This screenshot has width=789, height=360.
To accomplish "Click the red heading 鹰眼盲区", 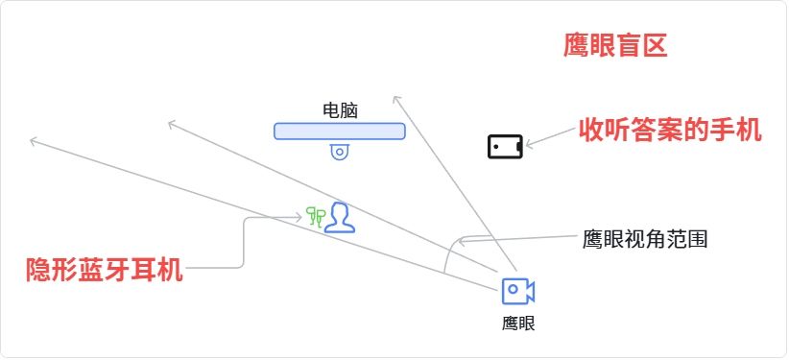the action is tap(615, 46).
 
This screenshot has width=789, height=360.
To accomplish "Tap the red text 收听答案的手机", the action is tap(670, 131).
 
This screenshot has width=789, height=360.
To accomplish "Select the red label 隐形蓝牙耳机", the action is tap(105, 270).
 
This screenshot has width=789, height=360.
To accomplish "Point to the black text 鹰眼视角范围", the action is tap(645, 239).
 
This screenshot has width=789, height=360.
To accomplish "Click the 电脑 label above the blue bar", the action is tap(340, 110).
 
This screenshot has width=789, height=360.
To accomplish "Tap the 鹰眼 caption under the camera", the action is tap(518, 324).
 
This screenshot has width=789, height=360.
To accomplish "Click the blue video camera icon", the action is tap(517, 291).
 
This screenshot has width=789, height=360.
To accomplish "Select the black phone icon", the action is tap(505, 147).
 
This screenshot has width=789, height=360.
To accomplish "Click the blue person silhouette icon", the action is tap(340, 218).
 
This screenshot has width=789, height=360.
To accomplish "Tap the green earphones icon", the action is tap(316, 215).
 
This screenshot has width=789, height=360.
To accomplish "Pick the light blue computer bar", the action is tap(340, 131).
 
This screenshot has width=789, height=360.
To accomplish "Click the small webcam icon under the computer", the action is tap(340, 152).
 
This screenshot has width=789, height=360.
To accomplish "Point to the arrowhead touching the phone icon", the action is tap(529, 145).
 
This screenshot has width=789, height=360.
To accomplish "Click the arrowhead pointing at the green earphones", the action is tap(299, 217).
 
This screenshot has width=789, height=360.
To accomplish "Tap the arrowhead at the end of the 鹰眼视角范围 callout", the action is tap(462, 241).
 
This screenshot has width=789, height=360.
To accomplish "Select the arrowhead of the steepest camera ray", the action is tap(396, 100).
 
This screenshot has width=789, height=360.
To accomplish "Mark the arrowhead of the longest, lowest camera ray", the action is tap(35, 141).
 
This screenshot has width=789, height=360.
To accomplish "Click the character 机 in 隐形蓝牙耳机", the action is tap(170, 270).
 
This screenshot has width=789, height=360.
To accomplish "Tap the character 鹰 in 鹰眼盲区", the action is tap(576, 46).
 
